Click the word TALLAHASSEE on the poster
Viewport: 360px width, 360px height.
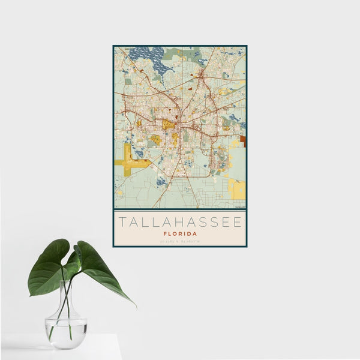tap(179, 222)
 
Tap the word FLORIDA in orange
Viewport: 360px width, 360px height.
tap(179, 233)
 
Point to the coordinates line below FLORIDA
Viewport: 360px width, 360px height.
tap(179, 241)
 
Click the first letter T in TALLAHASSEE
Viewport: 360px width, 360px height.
tap(122, 222)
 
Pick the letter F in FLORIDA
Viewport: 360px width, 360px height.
tap(165, 233)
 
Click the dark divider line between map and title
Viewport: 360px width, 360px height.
tap(179, 209)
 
